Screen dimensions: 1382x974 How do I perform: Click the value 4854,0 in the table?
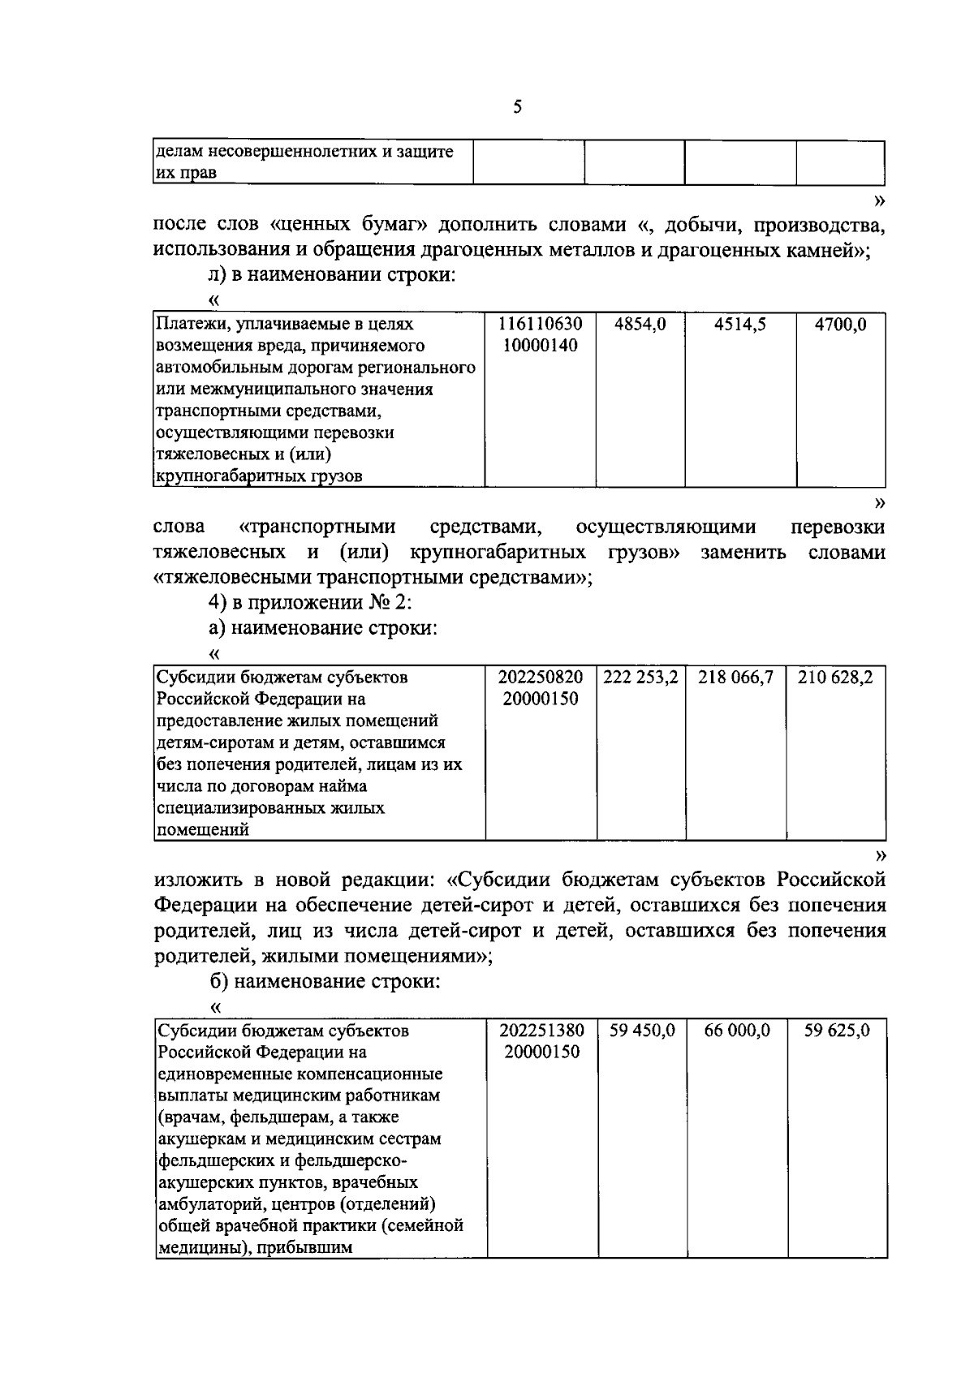point(640,325)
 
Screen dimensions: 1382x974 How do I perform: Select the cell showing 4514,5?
point(739,325)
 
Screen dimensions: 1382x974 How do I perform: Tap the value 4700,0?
point(840,325)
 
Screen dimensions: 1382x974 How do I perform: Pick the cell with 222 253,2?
point(640,677)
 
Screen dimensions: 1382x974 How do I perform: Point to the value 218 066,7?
point(735,677)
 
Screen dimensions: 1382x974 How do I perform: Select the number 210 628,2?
point(835,677)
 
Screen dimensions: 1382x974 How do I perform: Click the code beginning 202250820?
point(540,677)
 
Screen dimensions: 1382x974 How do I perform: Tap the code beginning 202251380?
point(541,1031)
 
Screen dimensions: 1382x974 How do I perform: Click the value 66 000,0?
point(737,1031)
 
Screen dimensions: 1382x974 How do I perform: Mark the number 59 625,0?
point(837,1031)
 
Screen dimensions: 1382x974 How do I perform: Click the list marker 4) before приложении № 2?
point(218,603)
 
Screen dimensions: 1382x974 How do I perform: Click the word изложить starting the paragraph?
point(192,880)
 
